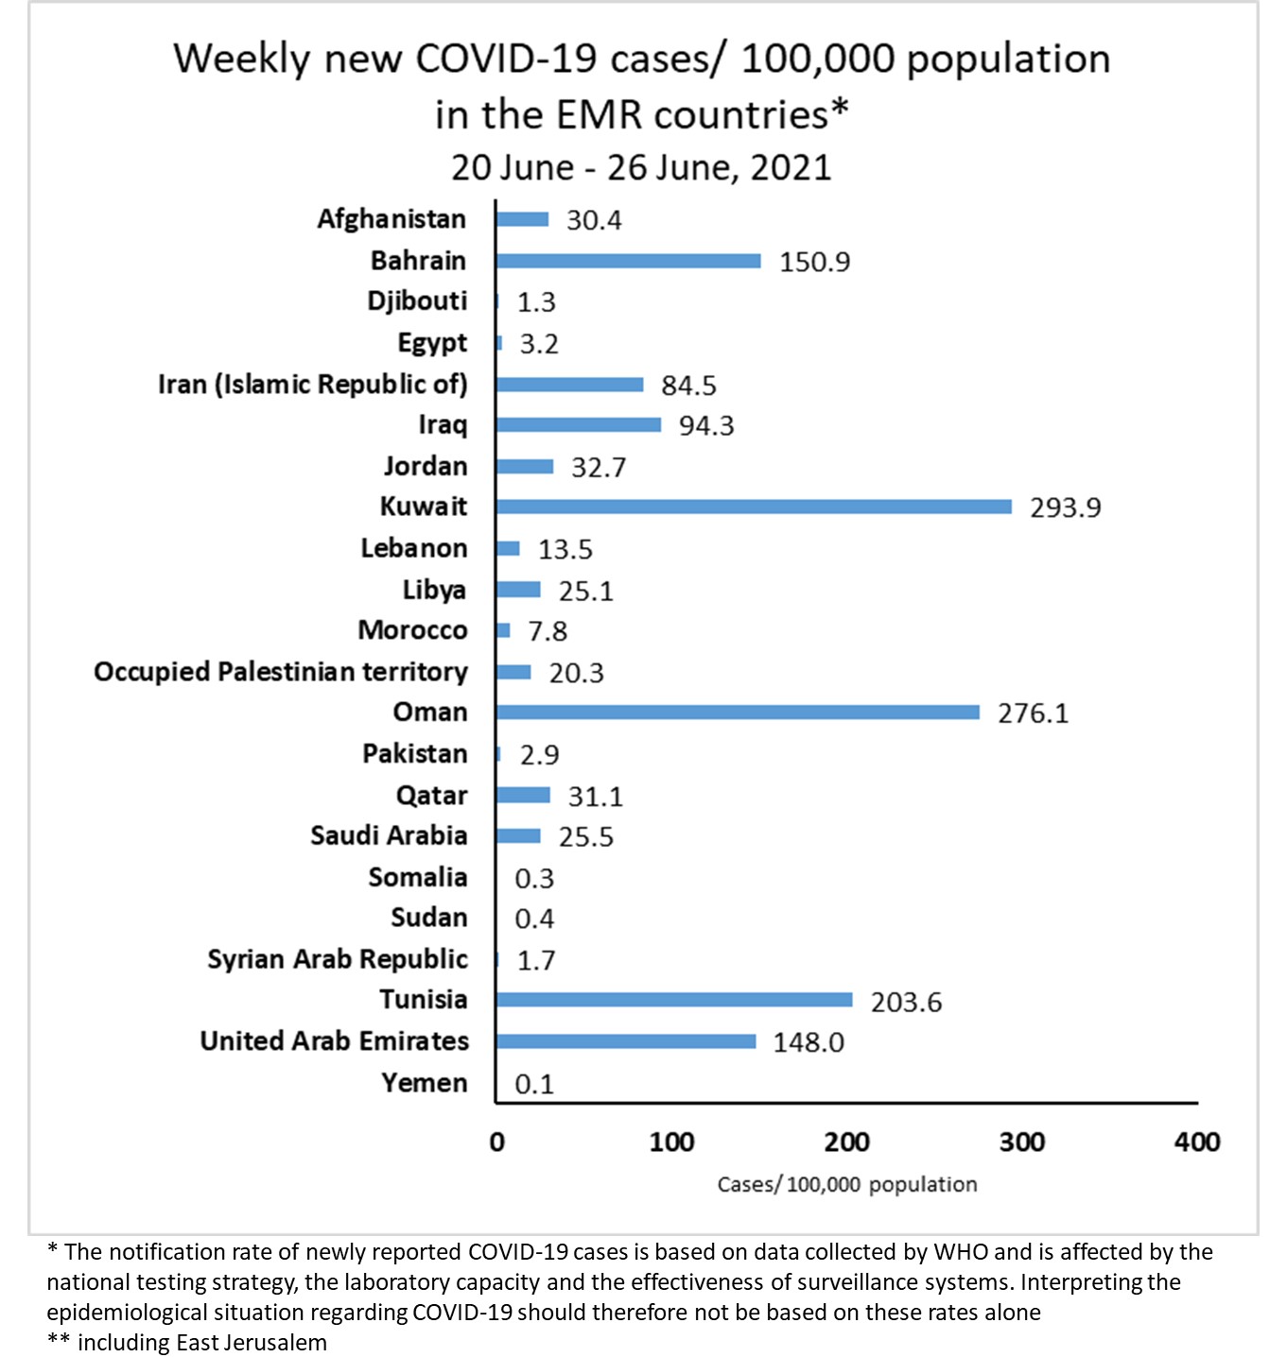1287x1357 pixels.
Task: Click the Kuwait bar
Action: [754, 507]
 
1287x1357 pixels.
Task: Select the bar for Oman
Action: [738, 712]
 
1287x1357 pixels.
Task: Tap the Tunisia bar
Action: [673, 1000]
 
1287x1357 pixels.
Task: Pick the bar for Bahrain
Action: [628, 261]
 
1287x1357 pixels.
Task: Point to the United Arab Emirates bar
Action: [625, 1041]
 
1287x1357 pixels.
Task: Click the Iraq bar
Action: [578, 425]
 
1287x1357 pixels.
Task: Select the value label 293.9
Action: [1065, 508]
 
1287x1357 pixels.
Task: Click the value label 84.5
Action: [688, 386]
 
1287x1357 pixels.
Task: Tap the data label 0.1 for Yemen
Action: [534, 1084]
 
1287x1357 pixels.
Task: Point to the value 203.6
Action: [906, 1002]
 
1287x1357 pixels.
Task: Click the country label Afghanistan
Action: [391, 219]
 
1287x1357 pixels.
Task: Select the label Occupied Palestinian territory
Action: [281, 672]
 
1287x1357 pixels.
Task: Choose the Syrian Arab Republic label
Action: [338, 959]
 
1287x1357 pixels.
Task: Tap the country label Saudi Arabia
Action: [389, 835]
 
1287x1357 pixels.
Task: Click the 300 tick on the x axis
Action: [1021, 1142]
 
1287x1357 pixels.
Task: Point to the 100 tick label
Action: [671, 1142]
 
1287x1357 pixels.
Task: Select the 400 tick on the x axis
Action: [1196, 1142]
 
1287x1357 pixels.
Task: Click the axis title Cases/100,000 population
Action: [846, 1185]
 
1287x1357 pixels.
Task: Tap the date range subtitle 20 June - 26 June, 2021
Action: [641, 168]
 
